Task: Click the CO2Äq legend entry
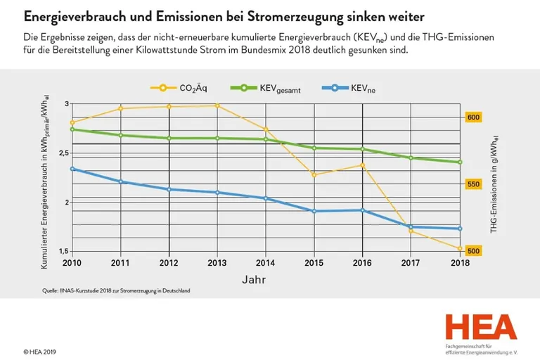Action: [176, 88]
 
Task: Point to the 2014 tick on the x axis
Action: [266, 263]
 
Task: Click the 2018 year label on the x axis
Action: [460, 263]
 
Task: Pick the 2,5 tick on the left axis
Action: [63, 153]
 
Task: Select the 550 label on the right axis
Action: [474, 184]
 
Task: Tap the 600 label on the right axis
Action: [474, 117]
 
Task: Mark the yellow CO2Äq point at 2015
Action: [314, 174]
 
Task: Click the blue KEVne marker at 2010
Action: [72, 169]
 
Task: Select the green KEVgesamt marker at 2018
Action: [460, 162]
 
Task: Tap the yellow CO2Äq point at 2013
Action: [217, 105]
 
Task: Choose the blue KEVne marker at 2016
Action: [363, 210]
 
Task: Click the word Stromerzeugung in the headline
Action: [307, 15]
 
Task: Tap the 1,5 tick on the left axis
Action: [63, 251]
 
